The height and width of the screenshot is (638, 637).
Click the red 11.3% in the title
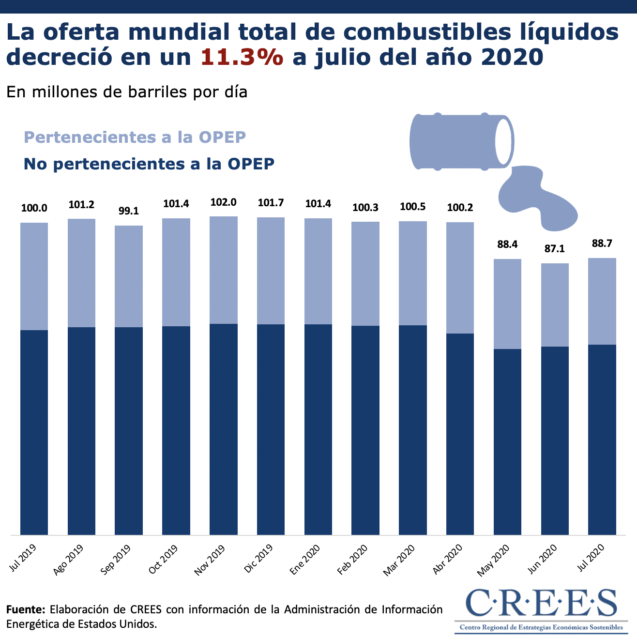click(242, 57)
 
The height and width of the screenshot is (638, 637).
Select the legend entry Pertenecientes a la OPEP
click(135, 137)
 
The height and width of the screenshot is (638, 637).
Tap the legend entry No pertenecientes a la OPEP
click(149, 164)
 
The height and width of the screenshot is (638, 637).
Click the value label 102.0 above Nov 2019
click(223, 202)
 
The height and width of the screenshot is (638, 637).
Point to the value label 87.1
click(555, 249)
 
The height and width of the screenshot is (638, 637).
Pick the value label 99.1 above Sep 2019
click(129, 212)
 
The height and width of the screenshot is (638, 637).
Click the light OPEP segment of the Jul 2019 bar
click(34, 276)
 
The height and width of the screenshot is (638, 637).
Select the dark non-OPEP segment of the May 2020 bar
click(507, 441)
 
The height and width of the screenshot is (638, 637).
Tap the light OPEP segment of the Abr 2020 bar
click(460, 277)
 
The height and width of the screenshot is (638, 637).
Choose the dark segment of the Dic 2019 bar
click(271, 428)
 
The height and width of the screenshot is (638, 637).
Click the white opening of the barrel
click(503, 141)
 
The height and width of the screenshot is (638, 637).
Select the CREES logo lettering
click(541, 603)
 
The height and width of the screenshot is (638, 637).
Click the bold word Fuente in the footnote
click(26, 609)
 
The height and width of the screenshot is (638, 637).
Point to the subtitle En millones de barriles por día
click(127, 91)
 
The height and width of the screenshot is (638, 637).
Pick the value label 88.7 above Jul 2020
click(602, 243)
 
